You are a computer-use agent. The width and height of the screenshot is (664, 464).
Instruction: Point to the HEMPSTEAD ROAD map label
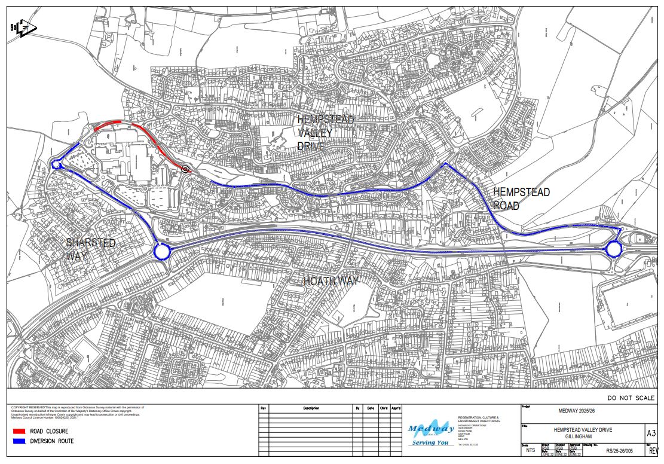coord(521,199)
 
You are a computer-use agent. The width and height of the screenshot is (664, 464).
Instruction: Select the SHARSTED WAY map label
coord(90,249)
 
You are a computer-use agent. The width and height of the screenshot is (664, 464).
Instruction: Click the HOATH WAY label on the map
coord(331,280)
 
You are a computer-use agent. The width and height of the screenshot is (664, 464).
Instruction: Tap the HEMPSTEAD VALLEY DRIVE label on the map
coord(326,133)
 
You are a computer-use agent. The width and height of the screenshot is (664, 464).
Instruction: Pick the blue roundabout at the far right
coord(613,249)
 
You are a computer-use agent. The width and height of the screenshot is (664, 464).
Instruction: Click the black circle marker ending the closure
coord(185,169)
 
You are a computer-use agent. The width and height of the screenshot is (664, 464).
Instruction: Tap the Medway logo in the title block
coord(430,432)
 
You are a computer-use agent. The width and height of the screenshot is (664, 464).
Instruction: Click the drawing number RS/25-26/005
coord(622,452)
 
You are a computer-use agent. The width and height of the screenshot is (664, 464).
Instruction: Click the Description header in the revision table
coord(311,408)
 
